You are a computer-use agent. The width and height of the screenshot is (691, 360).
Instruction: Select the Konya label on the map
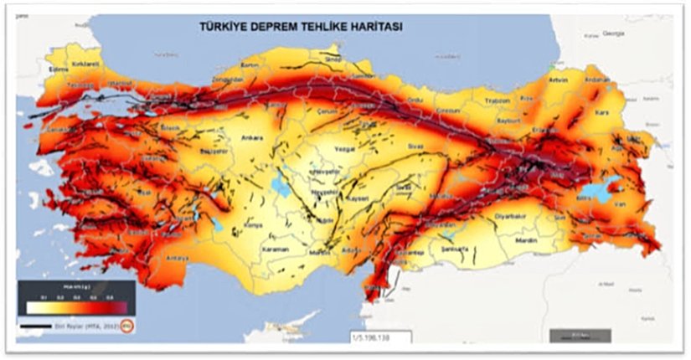pyautogui.click(x=254, y=224)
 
